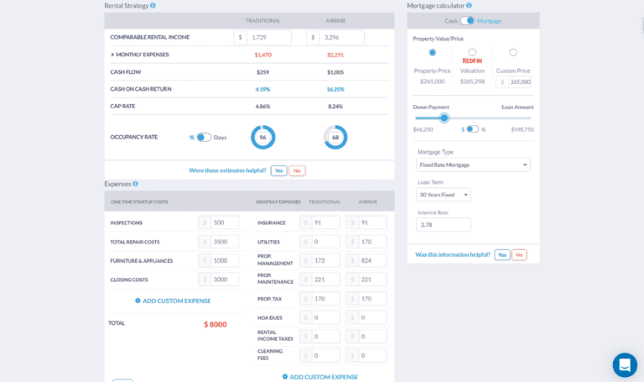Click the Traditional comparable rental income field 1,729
(x=268, y=38)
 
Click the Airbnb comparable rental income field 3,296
(x=341, y=38)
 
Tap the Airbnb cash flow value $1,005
(x=335, y=72)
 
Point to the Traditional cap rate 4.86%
(x=262, y=107)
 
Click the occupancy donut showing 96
(x=262, y=138)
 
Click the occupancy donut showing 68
(x=335, y=138)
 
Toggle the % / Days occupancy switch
(x=204, y=138)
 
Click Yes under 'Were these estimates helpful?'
(x=278, y=170)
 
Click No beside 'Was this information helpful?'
(x=519, y=254)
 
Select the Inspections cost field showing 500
(x=224, y=222)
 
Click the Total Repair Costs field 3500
(x=224, y=242)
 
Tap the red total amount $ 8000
(x=215, y=324)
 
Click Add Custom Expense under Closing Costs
(x=173, y=301)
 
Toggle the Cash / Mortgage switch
(x=467, y=20)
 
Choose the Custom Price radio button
(x=513, y=52)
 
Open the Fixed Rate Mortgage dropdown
(x=473, y=165)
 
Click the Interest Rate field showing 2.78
(x=444, y=225)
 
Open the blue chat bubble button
(x=625, y=365)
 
